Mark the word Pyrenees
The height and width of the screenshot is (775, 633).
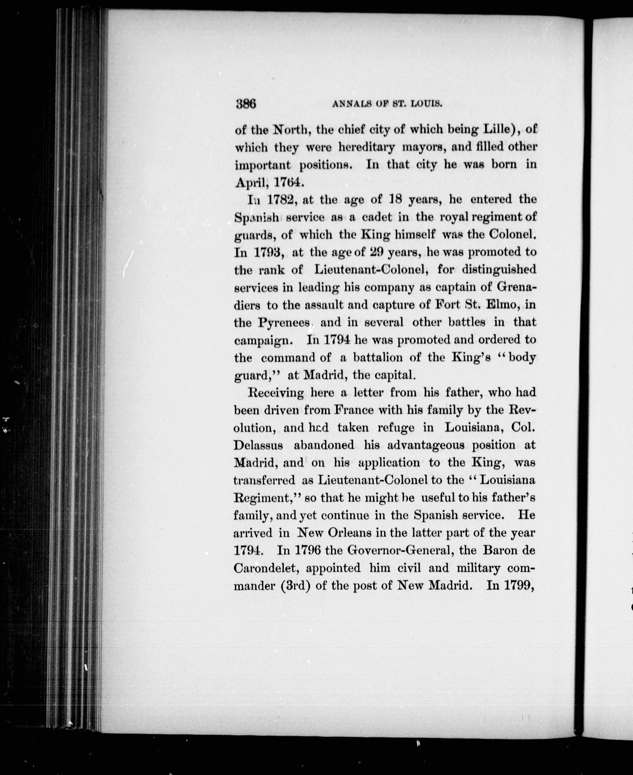[284, 323]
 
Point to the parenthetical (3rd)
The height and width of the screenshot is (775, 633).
[295, 586]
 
